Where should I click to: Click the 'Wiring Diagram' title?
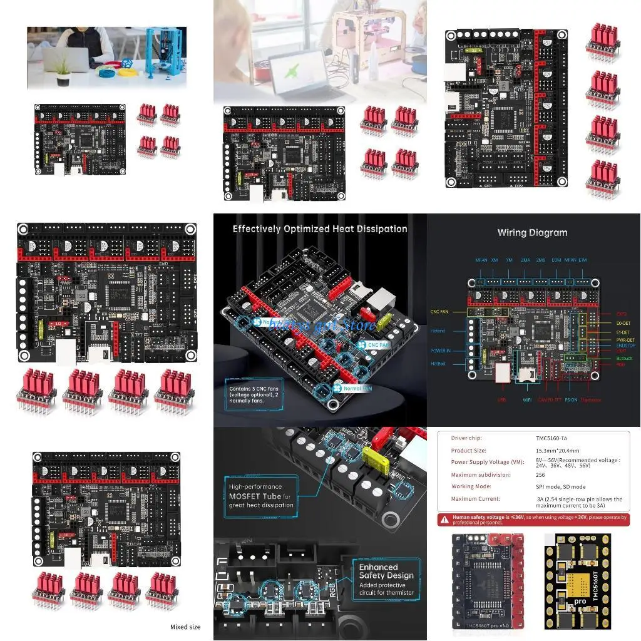(532, 232)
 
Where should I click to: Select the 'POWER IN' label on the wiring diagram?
(441, 351)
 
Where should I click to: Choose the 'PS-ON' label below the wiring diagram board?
(570, 399)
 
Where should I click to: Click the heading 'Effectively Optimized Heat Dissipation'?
(320, 229)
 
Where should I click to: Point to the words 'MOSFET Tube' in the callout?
(259, 496)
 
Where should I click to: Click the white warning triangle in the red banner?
(444, 518)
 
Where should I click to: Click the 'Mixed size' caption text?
(185, 627)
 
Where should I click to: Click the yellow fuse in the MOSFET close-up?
(371, 454)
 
